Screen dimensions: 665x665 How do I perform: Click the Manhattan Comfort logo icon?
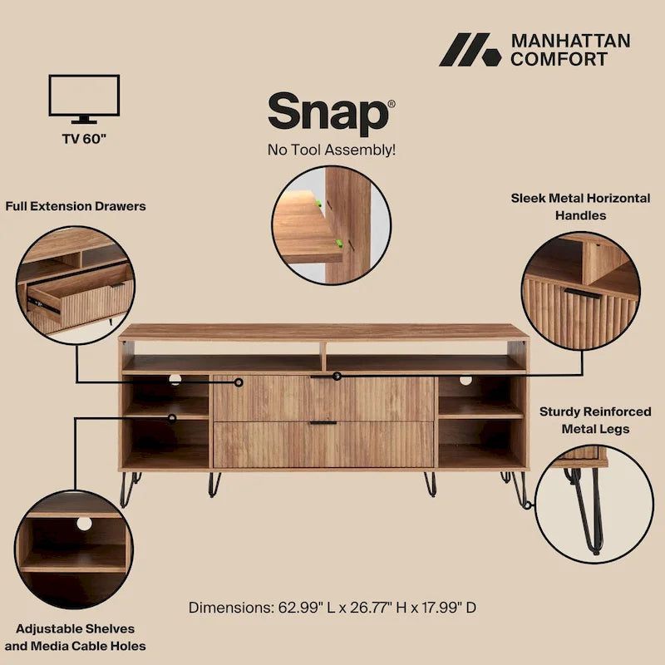[x=470, y=50]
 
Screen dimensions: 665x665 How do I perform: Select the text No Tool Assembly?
[x=331, y=150]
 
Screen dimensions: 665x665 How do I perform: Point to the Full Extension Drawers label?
[x=76, y=205]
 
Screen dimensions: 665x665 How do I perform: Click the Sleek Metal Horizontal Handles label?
[x=580, y=207]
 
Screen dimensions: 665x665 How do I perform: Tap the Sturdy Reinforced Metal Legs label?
[x=584, y=420]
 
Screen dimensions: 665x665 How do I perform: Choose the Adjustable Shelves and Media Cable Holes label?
[x=75, y=637]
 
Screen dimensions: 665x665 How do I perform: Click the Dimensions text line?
[x=332, y=607]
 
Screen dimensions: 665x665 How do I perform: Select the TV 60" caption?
[x=84, y=138]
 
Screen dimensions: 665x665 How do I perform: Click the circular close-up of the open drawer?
[x=75, y=281]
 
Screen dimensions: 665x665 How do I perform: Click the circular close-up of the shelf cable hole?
[x=75, y=549]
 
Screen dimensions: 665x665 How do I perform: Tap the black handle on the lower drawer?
[x=323, y=423]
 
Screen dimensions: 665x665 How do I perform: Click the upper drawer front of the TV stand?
[x=324, y=397]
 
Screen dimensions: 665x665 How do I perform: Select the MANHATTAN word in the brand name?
[x=570, y=41]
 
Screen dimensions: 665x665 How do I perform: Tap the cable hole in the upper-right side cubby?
[x=465, y=381]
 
